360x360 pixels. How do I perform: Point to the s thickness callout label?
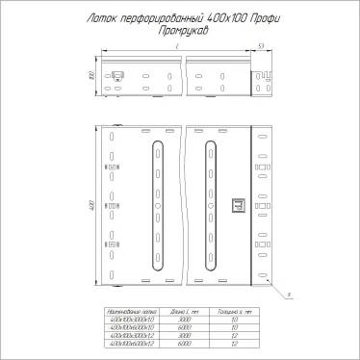click(x=291, y=295)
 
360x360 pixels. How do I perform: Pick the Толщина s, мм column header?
click(x=234, y=313)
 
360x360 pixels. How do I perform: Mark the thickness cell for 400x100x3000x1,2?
click(x=234, y=335)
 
